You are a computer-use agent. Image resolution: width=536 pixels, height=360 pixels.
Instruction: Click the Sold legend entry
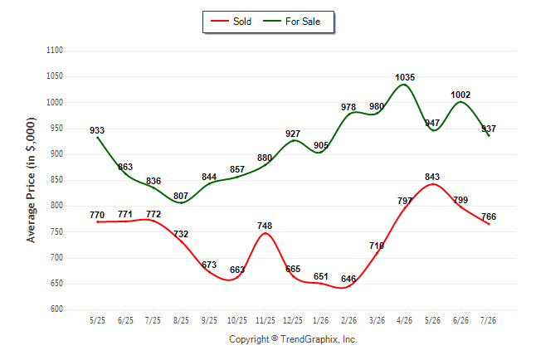pos(231,22)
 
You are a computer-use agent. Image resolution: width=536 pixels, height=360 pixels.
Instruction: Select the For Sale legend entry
pos(291,22)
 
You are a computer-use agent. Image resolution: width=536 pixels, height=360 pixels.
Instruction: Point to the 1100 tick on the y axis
pos(55,51)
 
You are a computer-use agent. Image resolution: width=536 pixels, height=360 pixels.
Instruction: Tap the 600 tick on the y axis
pos(56,309)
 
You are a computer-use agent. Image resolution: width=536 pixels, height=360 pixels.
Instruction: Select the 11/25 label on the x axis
pos(266,320)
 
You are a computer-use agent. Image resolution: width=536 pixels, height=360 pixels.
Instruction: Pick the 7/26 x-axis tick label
pos(488,320)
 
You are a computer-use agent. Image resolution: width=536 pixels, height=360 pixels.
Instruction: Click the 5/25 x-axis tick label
pos(97,320)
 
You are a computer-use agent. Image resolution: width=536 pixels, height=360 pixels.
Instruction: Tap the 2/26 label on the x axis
pos(348,320)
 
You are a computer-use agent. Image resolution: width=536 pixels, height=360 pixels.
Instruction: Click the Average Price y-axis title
pos(31,180)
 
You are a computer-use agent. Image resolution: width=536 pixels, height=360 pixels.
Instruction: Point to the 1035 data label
pos(405,78)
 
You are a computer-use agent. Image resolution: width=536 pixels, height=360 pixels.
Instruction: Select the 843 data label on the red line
pos(432,177)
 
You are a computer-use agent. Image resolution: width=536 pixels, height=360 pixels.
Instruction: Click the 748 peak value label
pos(265,226)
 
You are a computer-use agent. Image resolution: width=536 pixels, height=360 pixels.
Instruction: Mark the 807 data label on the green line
pos(181,196)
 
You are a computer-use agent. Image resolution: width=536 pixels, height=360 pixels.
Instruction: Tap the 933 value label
pos(97,130)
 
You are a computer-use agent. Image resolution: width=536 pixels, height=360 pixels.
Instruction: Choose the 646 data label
pos(348,279)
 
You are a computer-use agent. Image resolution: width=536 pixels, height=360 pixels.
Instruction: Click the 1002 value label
pos(460,95)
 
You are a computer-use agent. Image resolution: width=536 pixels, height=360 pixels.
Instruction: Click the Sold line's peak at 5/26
pos(433,184)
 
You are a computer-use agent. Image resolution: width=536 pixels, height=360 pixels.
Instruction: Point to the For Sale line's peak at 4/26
pos(404,84)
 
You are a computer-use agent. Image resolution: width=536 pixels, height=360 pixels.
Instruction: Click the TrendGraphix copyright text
pos(293,339)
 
